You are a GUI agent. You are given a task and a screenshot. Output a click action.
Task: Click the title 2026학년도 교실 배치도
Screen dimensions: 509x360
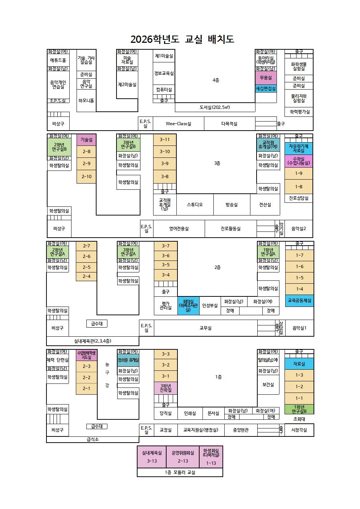coord(182,39)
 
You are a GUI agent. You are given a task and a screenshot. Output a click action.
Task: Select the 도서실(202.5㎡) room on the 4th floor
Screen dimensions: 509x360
coord(215,107)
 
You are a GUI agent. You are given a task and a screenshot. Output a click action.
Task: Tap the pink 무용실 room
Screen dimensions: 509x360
coord(266,78)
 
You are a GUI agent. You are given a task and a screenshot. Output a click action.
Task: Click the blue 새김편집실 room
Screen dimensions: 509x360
coord(266,89)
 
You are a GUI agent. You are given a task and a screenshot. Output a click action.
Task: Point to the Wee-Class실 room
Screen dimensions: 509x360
coord(178,124)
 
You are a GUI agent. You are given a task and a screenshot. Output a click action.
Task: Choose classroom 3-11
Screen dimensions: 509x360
coord(165,140)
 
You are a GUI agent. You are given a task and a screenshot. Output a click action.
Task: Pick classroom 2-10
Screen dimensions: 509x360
coord(86,177)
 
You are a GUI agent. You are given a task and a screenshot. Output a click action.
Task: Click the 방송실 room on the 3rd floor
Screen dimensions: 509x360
coord(232,205)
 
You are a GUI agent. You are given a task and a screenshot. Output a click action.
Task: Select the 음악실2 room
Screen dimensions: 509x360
coord(299,229)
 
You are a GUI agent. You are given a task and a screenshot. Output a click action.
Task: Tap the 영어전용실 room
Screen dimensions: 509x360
coord(179,229)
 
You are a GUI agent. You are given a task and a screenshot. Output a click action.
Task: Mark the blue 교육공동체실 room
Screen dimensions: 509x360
coord(299,301)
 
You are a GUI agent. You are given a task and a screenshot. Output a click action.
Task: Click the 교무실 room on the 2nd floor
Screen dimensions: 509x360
coord(205,328)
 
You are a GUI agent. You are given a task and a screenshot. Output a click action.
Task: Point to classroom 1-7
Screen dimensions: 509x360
coord(299,255)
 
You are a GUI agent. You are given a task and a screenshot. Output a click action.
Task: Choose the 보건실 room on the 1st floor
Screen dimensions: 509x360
coord(268,385)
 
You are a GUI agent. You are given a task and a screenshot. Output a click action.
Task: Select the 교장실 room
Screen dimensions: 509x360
coord(165,430)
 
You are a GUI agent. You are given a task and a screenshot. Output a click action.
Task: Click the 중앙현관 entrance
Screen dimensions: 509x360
coord(241,430)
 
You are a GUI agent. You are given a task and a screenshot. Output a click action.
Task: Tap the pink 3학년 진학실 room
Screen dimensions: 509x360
coord(165,388)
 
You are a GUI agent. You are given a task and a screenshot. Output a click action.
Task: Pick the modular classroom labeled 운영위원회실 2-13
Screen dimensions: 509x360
coord(183,457)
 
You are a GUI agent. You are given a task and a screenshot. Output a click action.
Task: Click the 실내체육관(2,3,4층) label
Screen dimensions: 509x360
coord(93,341)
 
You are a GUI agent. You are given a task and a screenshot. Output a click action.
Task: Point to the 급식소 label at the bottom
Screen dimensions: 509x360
coord(93,439)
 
